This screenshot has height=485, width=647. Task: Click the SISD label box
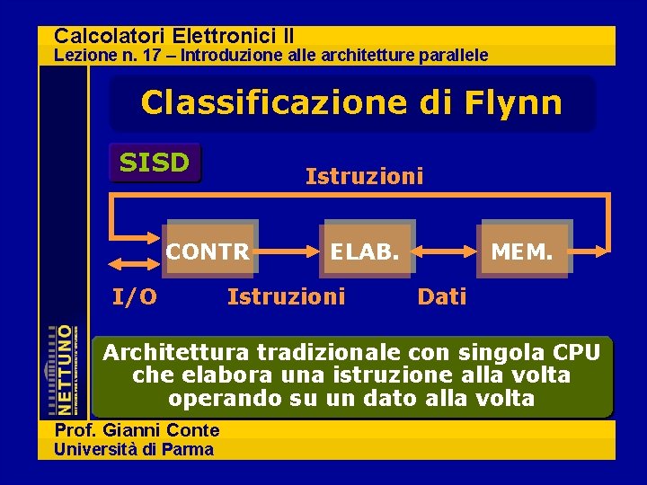tap(155, 163)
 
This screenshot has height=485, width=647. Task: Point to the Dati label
tap(442, 296)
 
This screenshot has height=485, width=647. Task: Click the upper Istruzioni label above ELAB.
tap(364, 177)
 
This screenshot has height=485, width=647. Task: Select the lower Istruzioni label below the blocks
tap(286, 296)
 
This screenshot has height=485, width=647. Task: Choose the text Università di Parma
tap(135, 449)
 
